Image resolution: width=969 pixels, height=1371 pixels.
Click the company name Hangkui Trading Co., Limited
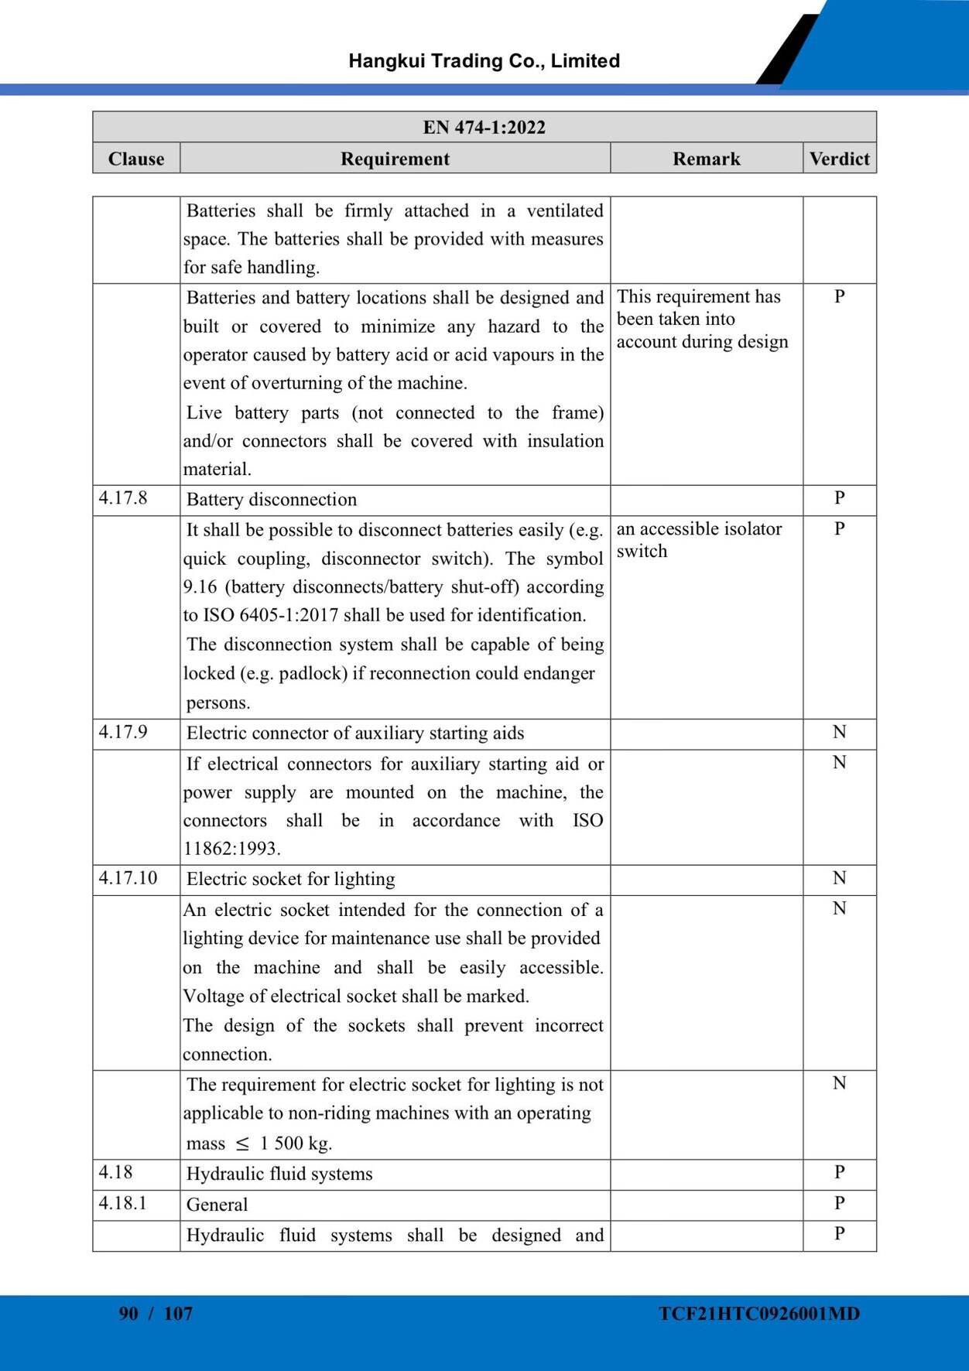484,61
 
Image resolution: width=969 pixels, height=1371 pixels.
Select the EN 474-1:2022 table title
484,127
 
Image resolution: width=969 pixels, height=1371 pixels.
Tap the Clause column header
136,159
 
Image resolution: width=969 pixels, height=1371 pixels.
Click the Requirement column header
395,159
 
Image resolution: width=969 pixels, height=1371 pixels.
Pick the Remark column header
706,159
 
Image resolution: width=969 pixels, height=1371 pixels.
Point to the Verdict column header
839,159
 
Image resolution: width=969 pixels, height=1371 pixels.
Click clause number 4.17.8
123,497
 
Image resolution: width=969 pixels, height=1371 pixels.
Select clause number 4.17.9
123,731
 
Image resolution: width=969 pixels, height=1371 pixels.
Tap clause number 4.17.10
128,877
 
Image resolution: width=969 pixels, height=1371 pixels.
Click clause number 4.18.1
122,1203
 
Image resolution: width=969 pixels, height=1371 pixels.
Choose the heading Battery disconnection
272,500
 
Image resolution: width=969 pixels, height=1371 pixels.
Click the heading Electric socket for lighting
291,879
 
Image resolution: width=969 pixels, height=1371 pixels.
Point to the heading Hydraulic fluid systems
279,1174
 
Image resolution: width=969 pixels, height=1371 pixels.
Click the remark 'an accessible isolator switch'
699,539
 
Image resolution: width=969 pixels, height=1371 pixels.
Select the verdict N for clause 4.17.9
839,732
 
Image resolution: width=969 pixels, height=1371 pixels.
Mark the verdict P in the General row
839,1203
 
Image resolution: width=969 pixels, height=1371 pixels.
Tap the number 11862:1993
231,849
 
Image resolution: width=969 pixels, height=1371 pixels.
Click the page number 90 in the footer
128,1313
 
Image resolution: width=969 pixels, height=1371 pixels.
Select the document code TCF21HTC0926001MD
759,1313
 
